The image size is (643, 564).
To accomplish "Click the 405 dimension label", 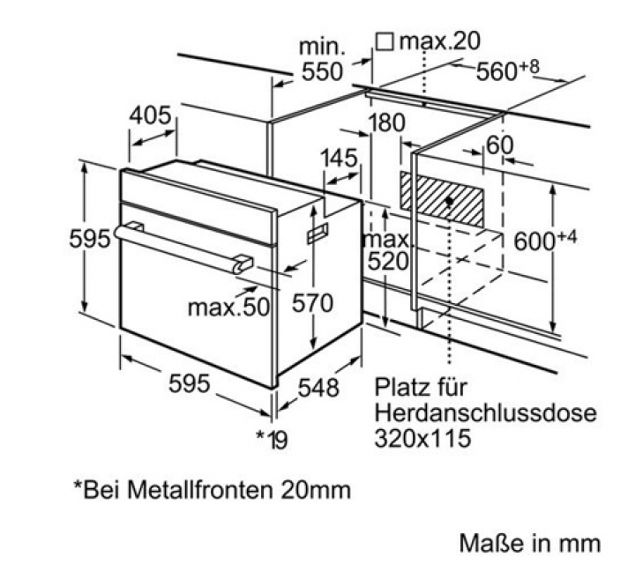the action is point(150,115).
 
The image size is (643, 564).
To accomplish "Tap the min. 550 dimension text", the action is point(322,59).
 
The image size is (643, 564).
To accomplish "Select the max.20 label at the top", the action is point(439,41).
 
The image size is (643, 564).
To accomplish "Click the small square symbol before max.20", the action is point(385,41).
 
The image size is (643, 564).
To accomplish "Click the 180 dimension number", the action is point(386,122).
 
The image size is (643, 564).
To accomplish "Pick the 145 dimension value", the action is point(339,158).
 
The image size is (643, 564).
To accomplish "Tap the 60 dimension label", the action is point(499,145).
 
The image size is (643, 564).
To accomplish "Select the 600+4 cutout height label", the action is point(545,240).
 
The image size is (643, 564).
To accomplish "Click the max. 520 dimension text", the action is point(387,250).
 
